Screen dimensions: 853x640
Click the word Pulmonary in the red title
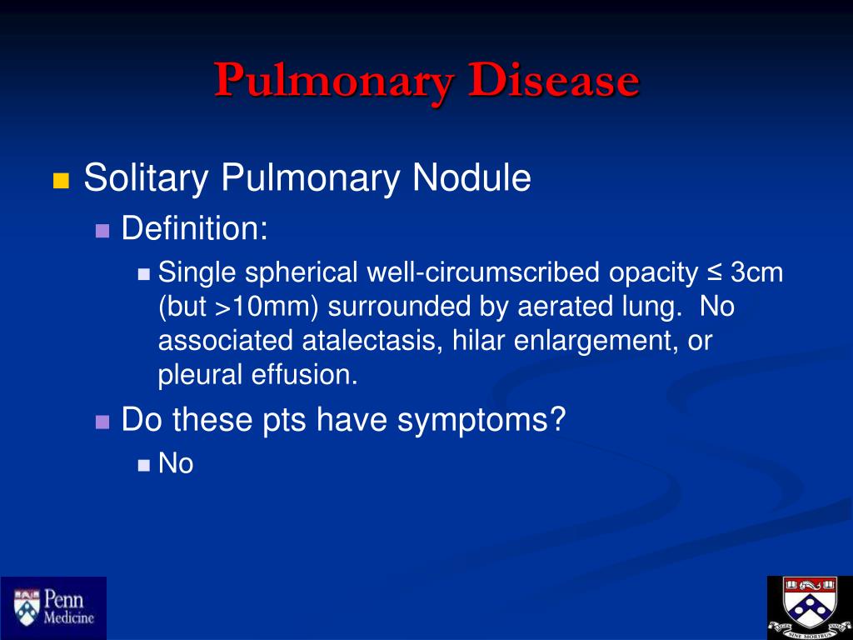(333, 82)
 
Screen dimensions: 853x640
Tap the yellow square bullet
(61, 180)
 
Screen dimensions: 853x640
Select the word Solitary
(147, 177)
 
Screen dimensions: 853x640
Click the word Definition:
(194, 227)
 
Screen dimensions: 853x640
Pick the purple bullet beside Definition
(102, 231)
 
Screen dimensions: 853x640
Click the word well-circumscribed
(483, 272)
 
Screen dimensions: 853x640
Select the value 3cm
(756, 272)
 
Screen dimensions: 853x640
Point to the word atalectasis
(372, 341)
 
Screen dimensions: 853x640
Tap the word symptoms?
(481, 420)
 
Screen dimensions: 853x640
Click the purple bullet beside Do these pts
(102, 422)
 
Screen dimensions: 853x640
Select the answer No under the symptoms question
(176, 463)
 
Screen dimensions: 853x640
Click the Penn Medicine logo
(53, 607)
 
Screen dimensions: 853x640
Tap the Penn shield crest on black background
(810, 607)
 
